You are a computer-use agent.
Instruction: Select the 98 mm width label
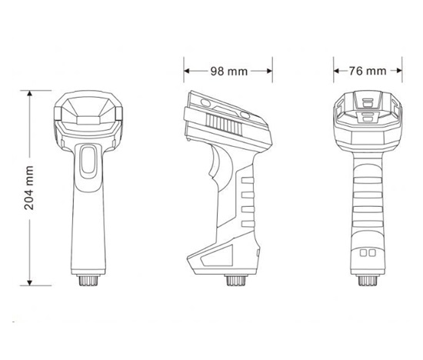coord(228,71)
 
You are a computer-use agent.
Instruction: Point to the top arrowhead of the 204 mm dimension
coord(30,94)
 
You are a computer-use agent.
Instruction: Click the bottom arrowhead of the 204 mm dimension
coord(30,282)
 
